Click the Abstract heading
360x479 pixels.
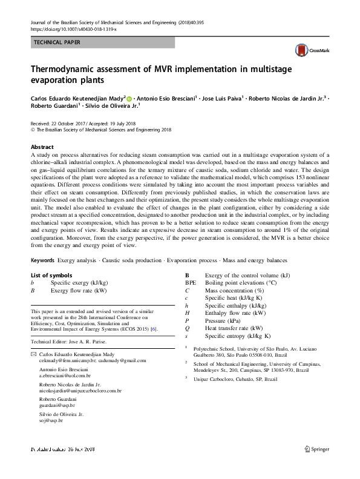[x=42, y=147]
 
